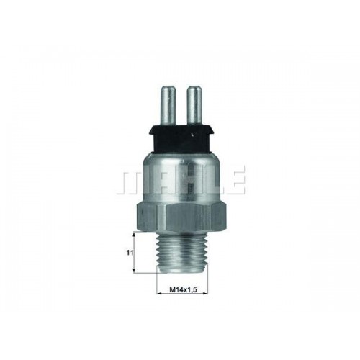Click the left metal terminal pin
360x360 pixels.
tap(168, 105)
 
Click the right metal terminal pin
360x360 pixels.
tap(194, 105)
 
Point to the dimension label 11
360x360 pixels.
tap(130, 253)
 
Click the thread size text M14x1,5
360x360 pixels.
tap(184, 290)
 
